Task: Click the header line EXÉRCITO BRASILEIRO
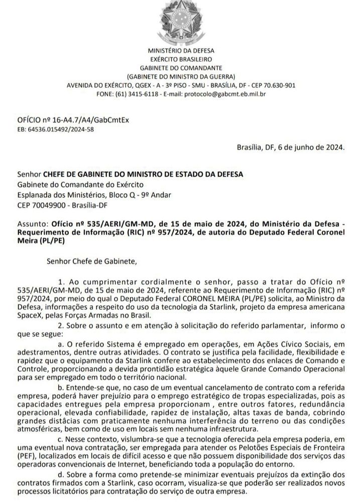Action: click(x=180, y=59)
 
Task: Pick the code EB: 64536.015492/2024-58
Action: click(x=55, y=129)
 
